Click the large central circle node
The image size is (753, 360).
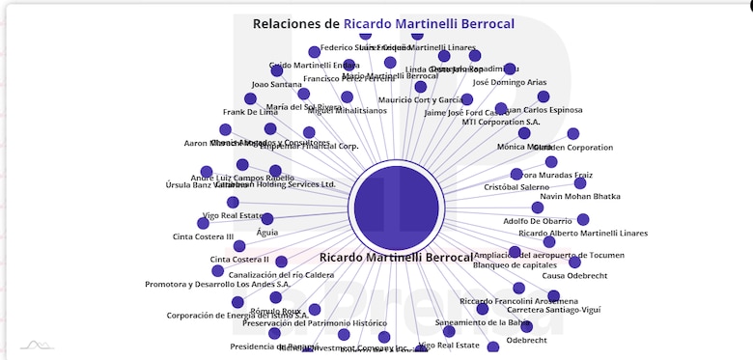click(x=396, y=206)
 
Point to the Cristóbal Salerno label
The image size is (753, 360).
click(x=516, y=186)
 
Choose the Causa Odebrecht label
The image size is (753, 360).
click(x=574, y=275)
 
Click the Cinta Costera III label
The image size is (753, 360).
click(x=203, y=236)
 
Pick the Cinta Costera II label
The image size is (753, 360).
click(x=238, y=260)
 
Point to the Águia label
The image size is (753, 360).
click(x=267, y=233)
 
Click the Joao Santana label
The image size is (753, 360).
click(x=277, y=84)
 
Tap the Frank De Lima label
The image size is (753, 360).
click(x=250, y=112)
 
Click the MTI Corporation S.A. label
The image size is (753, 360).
click(x=501, y=123)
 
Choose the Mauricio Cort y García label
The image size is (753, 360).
click(x=421, y=99)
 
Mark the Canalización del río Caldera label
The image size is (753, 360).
click(x=281, y=275)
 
